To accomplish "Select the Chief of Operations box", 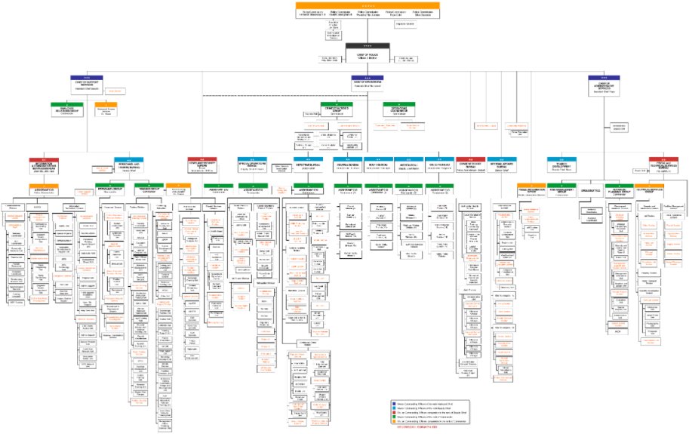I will point(367,82).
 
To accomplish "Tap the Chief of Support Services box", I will point(91,82).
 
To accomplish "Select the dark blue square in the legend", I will point(393,405).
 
